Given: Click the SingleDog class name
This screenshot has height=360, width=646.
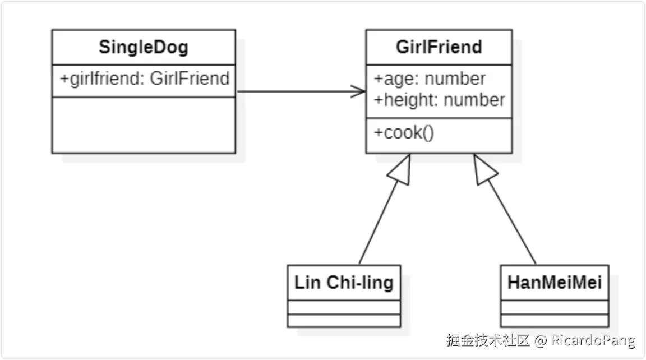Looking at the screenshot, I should pos(144,47).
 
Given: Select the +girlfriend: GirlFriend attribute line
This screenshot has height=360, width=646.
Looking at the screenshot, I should pos(144,79).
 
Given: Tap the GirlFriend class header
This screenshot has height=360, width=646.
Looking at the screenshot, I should pos(439,47).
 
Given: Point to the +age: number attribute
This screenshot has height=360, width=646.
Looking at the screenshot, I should pos(430,79).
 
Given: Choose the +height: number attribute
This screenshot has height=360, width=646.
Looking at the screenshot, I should pos(440,100).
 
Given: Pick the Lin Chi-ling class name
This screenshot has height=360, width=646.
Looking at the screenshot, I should pos(344,283).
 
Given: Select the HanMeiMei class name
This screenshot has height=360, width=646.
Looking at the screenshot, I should pos(554,283).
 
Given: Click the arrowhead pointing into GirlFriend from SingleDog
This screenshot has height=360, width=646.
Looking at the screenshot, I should pos(359,91).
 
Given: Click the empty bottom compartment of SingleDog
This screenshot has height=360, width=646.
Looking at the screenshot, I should pos(144,124).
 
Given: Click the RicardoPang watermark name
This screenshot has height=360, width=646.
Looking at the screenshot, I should pos(593,340).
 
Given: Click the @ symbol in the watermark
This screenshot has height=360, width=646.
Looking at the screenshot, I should pos(540,340).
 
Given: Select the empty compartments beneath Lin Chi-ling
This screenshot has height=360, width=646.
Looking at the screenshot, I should pos(344,314).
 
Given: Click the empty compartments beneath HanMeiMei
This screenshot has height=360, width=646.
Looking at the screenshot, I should pos(554,314).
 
